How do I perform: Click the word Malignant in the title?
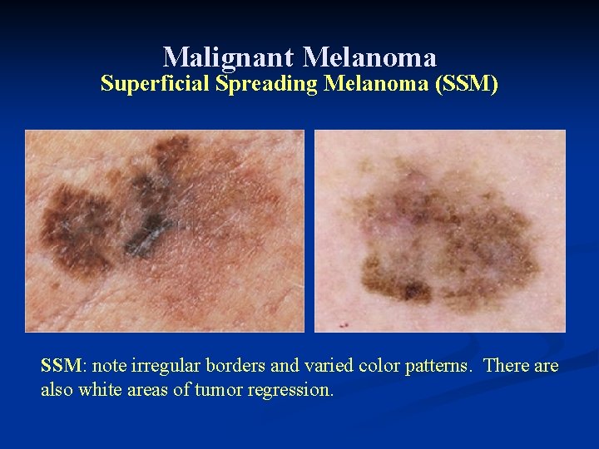tap(229, 57)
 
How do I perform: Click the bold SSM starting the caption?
tap(61, 366)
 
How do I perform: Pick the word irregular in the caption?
tap(161, 366)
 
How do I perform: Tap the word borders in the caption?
tap(227, 366)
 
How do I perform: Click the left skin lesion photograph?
tap(165, 231)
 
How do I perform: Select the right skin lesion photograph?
tap(439, 231)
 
